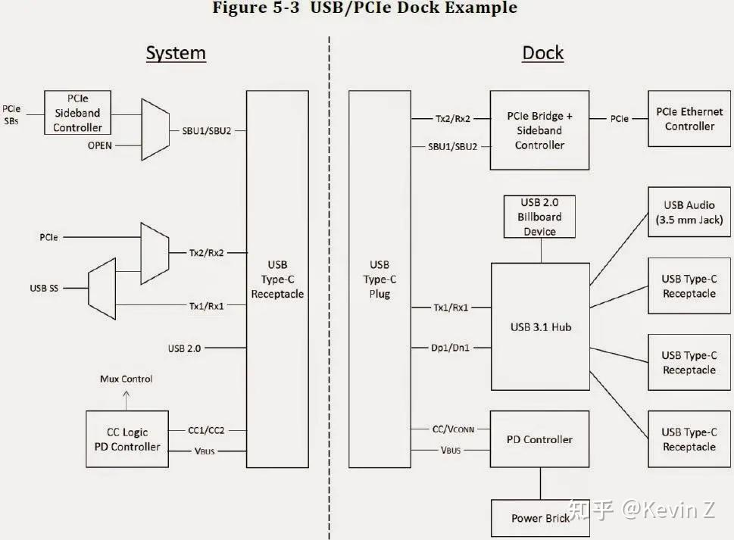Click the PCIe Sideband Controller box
click(x=77, y=114)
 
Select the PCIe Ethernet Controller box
click(x=689, y=119)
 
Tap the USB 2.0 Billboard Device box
click(x=539, y=217)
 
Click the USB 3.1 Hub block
click(x=540, y=326)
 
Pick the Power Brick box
click(x=540, y=518)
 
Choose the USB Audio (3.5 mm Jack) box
click(x=689, y=212)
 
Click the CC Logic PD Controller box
click(x=127, y=439)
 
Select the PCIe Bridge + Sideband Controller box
click(x=539, y=130)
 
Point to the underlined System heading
click(x=176, y=53)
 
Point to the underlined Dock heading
click(x=543, y=53)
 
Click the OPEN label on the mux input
click(x=101, y=145)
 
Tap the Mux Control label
click(x=126, y=379)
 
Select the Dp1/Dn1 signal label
click(x=450, y=348)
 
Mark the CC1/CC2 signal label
click(x=205, y=431)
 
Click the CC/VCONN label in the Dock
click(x=453, y=429)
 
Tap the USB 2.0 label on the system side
click(x=184, y=348)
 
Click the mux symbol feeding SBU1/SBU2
click(x=155, y=130)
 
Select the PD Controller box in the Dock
click(x=539, y=439)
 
